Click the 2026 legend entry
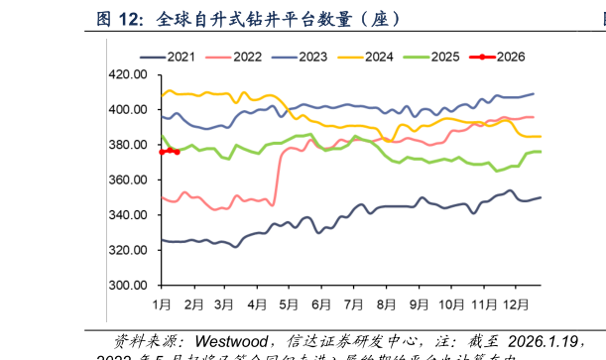click(x=512, y=57)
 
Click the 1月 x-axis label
click(x=162, y=301)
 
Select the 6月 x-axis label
click(x=321, y=301)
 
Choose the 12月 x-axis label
click(x=517, y=301)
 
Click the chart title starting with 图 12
click(x=248, y=18)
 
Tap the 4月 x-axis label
click(x=257, y=301)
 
